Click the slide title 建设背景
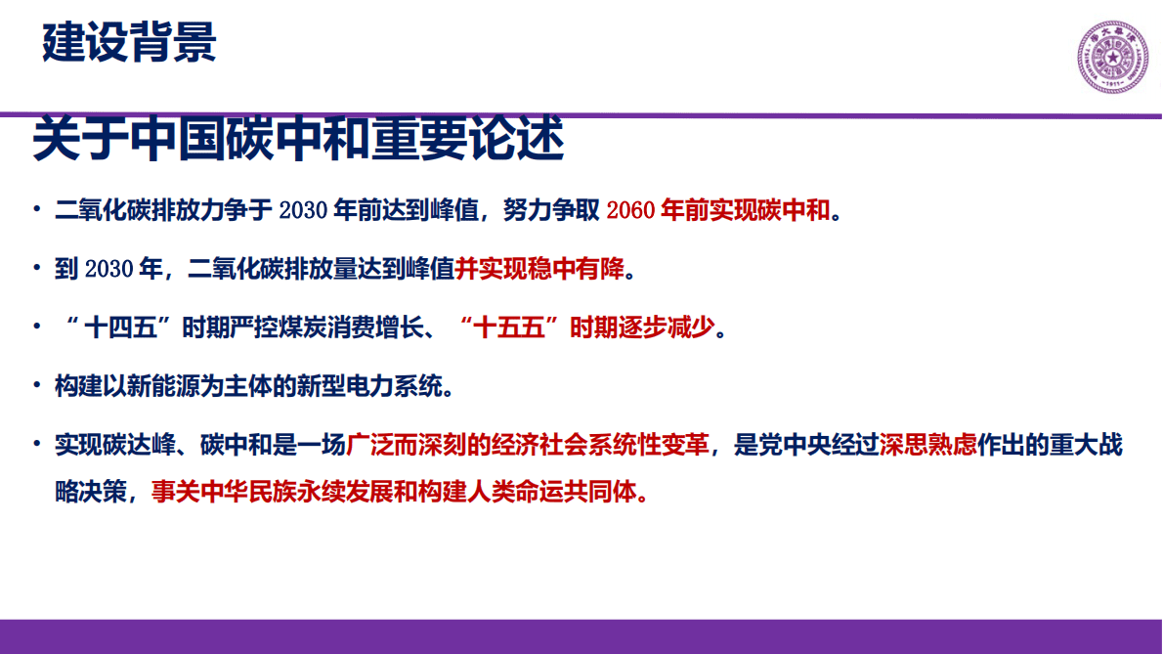(x=129, y=44)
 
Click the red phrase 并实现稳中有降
(x=538, y=270)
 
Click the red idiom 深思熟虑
(x=927, y=446)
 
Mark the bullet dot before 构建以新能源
(x=36, y=386)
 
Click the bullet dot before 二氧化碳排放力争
(x=36, y=211)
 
